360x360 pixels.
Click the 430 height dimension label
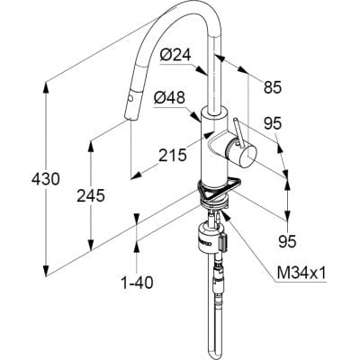coord(46,179)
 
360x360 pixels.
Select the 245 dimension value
coord(91,196)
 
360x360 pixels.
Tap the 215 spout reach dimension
coord(173,156)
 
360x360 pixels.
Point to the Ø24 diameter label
coord(175,56)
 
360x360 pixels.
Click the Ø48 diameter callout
coord(169,98)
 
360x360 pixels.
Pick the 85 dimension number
coord(273,87)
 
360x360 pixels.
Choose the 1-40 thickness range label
coord(137,283)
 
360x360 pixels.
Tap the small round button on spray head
coord(130,98)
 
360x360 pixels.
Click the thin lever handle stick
coord(238,132)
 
